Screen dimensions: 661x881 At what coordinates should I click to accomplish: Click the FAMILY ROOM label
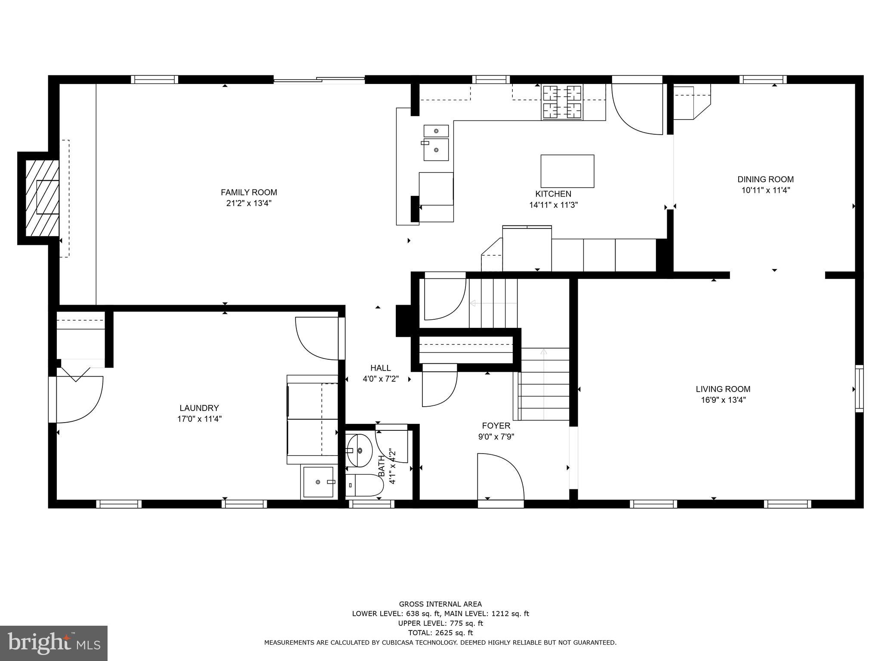(249, 192)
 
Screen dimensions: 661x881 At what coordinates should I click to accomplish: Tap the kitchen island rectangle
(567, 171)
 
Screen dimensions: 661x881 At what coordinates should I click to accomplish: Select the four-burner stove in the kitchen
(562, 102)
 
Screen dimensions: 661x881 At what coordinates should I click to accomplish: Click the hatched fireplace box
(42, 198)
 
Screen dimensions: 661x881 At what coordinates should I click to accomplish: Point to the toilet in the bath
(365, 485)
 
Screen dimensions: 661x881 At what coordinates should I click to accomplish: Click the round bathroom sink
(359, 450)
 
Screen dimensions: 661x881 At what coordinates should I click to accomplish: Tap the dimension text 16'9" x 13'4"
(723, 400)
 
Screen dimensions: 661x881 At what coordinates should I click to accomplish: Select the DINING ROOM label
(765, 179)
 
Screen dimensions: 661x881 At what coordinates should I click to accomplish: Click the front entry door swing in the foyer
(500, 476)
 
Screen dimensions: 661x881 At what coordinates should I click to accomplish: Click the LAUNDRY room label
(199, 408)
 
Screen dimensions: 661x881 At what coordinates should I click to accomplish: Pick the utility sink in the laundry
(318, 482)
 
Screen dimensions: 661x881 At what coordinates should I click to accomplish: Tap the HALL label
(380, 368)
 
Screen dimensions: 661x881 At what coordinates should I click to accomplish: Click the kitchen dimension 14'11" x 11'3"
(553, 205)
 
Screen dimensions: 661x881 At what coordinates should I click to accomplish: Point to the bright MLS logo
(54, 643)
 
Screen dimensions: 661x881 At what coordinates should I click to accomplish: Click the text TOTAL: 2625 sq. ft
(440, 633)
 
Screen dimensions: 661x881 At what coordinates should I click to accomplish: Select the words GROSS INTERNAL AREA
(440, 604)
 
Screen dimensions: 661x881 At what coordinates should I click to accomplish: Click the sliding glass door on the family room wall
(319, 80)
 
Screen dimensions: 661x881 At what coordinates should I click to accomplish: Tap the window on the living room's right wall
(859, 389)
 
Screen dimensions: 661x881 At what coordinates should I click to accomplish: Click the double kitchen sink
(436, 142)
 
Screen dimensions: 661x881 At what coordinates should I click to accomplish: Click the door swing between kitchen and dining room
(637, 110)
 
